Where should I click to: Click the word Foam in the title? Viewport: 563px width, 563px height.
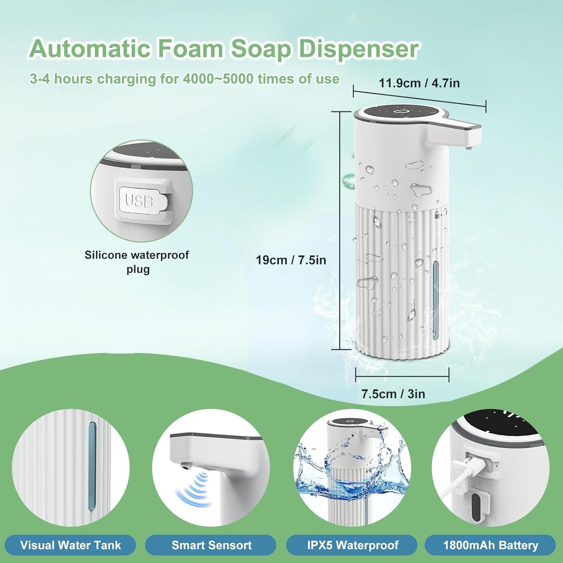click(x=189, y=48)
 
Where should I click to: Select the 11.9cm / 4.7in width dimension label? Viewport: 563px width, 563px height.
click(x=419, y=83)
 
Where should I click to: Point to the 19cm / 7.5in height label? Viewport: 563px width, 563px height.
click(x=291, y=260)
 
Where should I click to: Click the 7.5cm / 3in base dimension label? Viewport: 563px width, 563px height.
click(x=393, y=394)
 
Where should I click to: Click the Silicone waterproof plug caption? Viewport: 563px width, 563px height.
click(x=137, y=262)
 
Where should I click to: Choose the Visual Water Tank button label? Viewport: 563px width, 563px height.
click(x=71, y=545)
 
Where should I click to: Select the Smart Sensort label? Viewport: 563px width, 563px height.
click(x=211, y=545)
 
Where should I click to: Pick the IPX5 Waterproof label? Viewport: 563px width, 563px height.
click(x=352, y=545)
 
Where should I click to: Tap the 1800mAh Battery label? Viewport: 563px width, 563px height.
click(x=491, y=545)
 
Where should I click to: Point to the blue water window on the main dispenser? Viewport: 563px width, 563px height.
click(x=435, y=300)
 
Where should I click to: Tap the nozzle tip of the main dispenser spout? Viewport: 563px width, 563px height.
click(x=467, y=149)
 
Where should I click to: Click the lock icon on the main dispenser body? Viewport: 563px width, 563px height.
click(x=437, y=215)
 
